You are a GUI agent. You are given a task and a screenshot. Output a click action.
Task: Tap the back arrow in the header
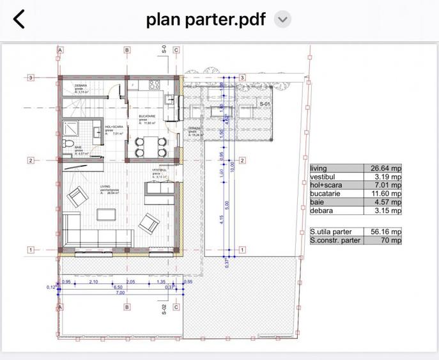point(19,19)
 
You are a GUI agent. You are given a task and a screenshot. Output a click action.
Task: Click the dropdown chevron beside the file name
point(282,19)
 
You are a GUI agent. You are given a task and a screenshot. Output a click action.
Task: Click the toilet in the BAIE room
point(69,141)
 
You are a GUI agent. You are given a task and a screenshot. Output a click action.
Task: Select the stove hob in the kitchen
point(155,84)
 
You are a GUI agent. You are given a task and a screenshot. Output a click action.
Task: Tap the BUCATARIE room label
point(147,116)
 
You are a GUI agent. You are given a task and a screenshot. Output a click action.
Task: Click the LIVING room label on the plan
point(105,187)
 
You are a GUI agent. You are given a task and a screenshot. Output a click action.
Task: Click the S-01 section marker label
point(265,104)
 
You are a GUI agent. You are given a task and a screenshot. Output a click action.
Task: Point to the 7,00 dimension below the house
point(119,293)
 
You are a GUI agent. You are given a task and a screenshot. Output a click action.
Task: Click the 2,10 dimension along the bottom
point(93,282)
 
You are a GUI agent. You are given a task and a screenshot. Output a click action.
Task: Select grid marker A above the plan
point(60,50)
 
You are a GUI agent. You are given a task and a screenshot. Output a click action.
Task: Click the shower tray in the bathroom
point(73,125)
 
